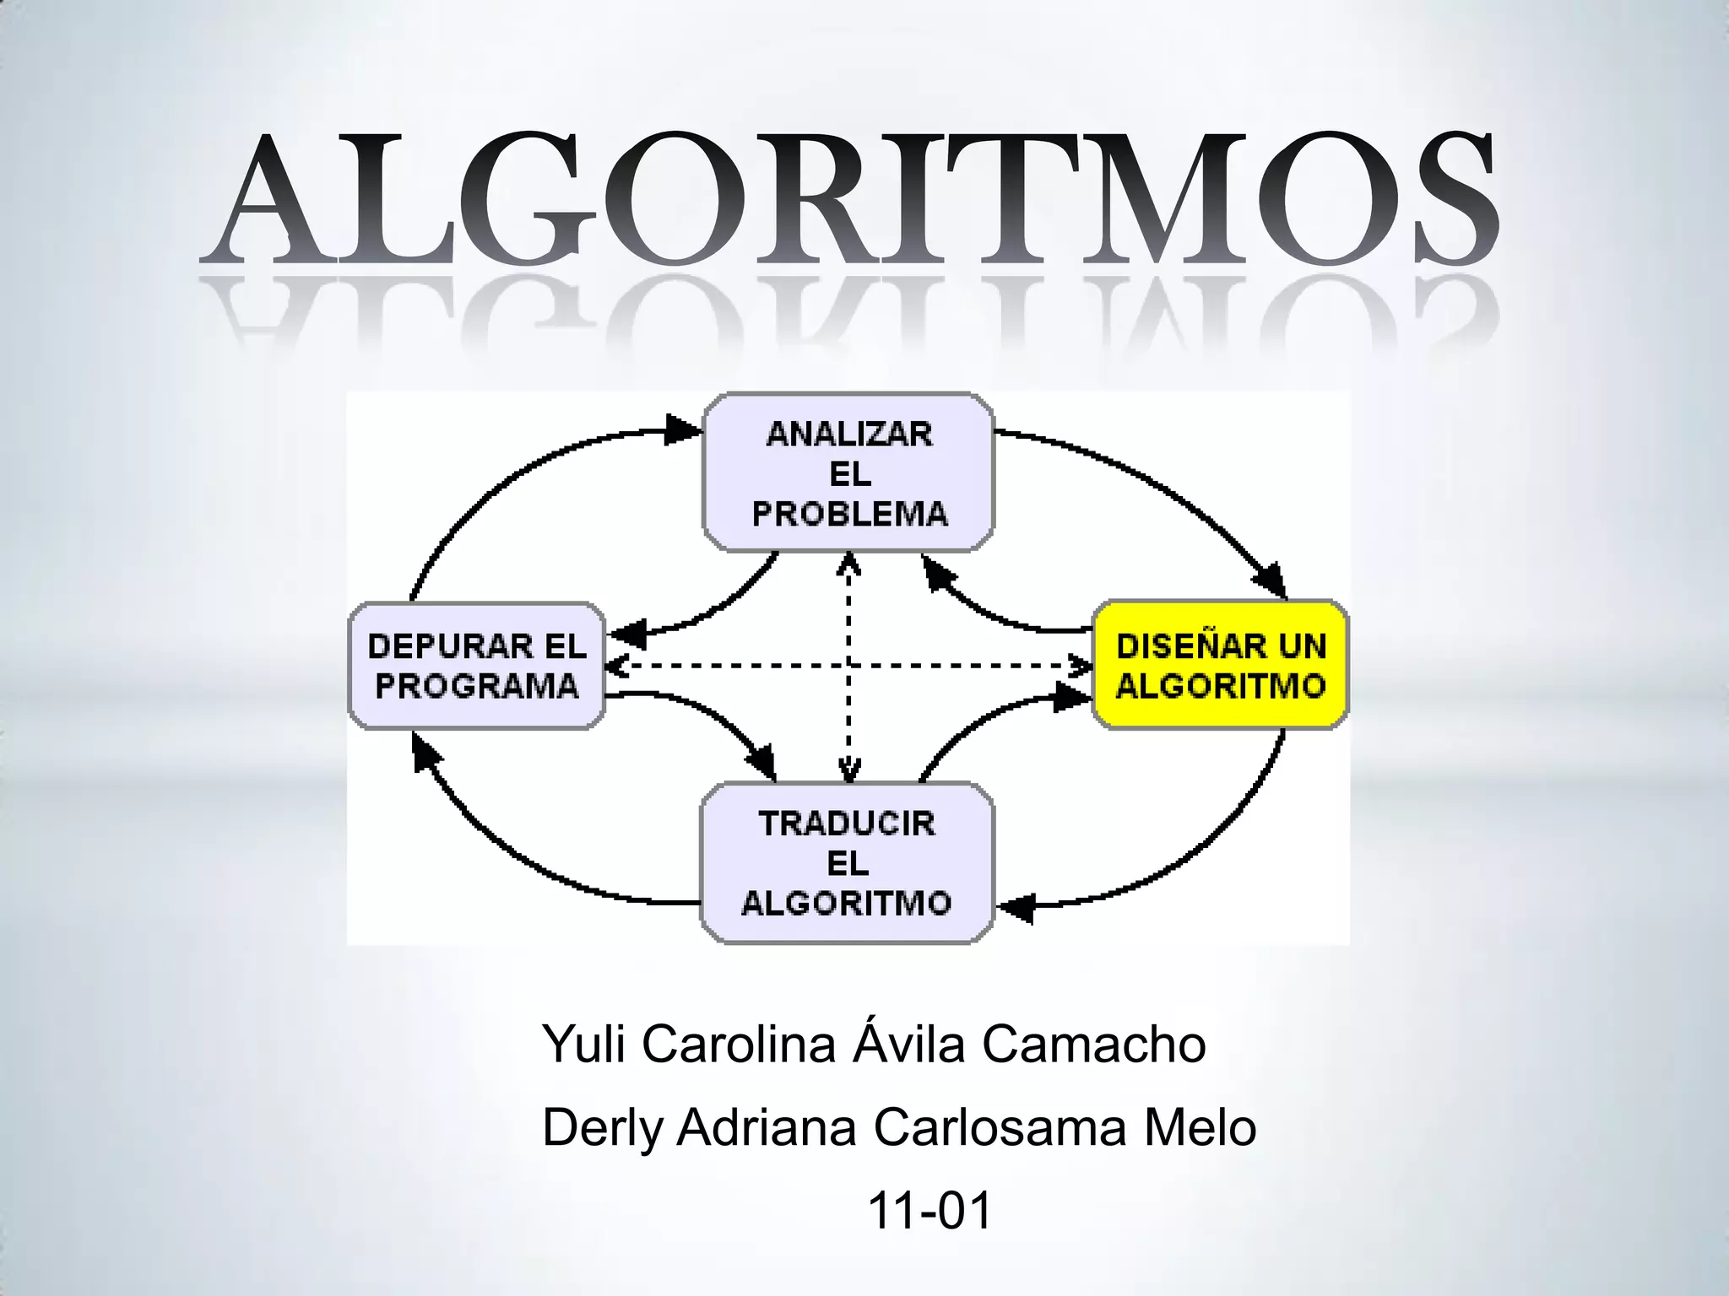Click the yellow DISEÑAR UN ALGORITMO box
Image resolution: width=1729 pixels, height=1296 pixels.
pyautogui.click(x=1220, y=665)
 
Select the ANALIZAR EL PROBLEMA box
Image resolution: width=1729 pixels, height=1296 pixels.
pyautogui.click(x=848, y=472)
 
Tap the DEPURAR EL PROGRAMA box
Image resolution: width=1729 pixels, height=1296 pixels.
pyautogui.click(x=477, y=666)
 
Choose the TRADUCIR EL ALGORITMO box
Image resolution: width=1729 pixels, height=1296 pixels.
pyautogui.click(x=847, y=862)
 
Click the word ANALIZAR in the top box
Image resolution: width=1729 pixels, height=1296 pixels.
pyautogui.click(x=849, y=435)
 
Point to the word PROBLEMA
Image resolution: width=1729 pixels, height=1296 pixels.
pyautogui.click(x=849, y=514)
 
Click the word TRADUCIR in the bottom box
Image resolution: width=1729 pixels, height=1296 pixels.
pyautogui.click(x=847, y=823)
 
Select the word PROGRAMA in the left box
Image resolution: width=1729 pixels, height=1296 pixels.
pyautogui.click(x=477, y=686)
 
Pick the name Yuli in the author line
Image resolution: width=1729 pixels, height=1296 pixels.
pyautogui.click(x=583, y=1044)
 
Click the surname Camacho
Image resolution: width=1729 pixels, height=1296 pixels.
pyautogui.click(x=1093, y=1044)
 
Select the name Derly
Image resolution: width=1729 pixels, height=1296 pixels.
pyautogui.click(x=602, y=1127)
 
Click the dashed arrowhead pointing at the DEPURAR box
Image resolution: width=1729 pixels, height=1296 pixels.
pyautogui.click(x=618, y=666)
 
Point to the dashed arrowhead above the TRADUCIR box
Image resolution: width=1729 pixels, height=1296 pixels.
pyautogui.click(x=848, y=768)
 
